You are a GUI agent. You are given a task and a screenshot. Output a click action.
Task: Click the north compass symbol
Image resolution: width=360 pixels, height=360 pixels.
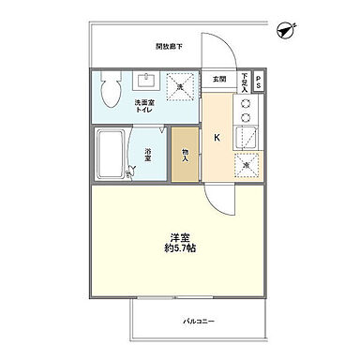285,32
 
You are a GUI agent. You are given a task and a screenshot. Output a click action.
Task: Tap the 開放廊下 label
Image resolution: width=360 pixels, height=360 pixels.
169,46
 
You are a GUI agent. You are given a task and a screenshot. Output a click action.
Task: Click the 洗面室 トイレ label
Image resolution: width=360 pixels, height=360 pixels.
145,106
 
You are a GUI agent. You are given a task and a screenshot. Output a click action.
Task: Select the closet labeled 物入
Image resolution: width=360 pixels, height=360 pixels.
186,154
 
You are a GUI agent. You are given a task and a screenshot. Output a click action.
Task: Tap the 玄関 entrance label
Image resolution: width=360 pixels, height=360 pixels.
219,79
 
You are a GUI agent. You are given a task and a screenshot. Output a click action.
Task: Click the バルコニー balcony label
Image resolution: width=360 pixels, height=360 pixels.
195,322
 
